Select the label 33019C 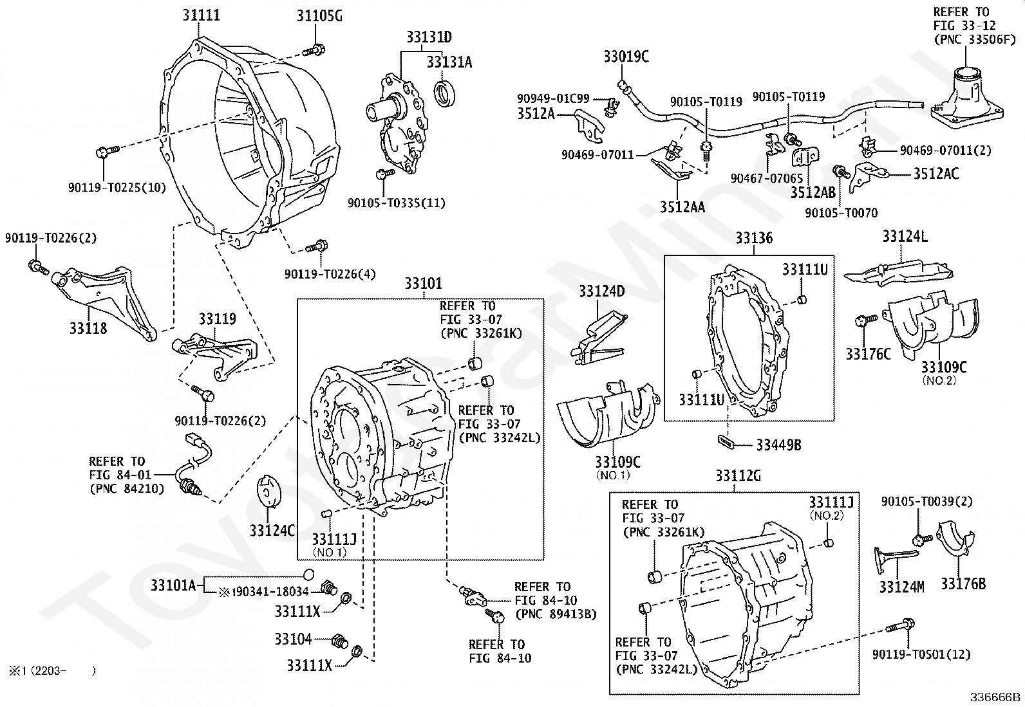pos(626,57)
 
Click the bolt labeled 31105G pos(316,49)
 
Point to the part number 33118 pos(88,328)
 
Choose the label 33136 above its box pos(754,239)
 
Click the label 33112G pos(738,476)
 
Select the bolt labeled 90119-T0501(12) pos(899,625)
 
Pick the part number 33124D pos(601,291)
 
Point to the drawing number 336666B pos(996,696)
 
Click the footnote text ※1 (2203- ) pos(52,671)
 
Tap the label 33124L pos(905,236)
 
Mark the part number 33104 pos(293,639)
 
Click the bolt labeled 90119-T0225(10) pos(105,152)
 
